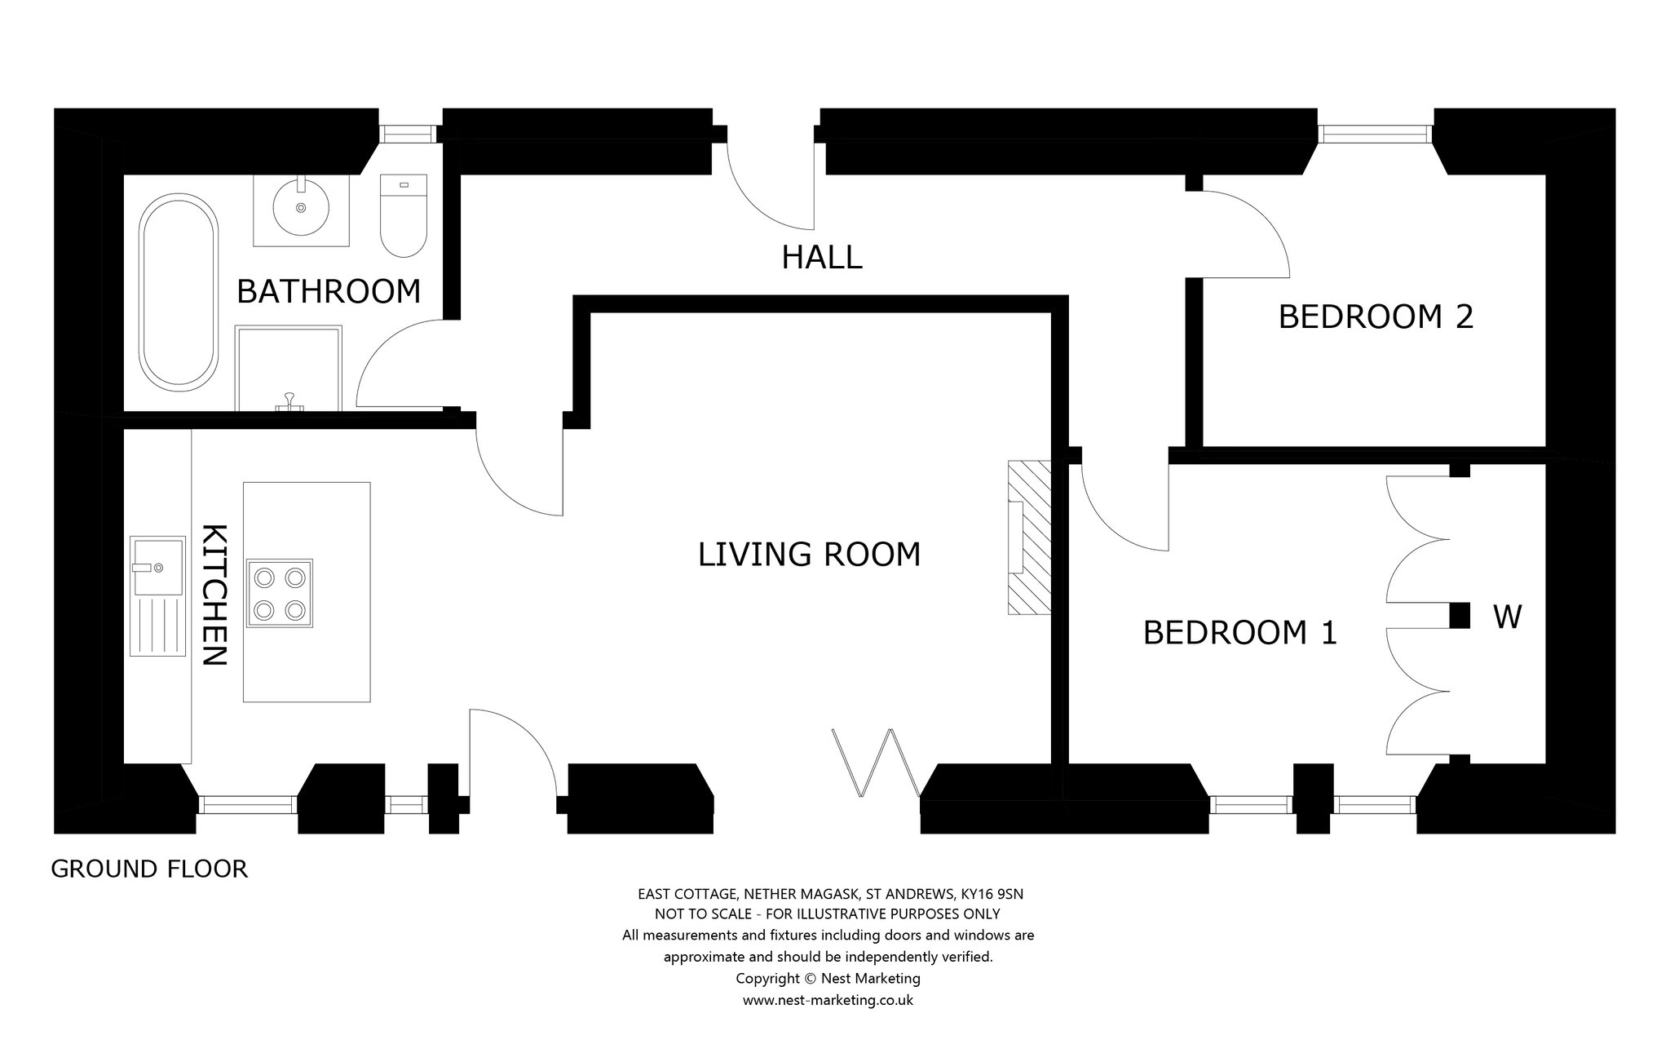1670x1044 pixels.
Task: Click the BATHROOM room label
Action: [329, 291]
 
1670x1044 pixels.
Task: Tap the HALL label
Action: [822, 258]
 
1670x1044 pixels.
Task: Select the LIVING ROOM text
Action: [810, 555]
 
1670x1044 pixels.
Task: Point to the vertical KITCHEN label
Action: [214, 595]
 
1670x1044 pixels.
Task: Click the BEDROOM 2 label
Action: [1376, 316]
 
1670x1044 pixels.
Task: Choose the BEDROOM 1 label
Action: [1240, 633]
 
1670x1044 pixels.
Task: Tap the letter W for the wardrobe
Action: [1507, 617]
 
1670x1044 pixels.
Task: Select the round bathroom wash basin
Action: [302, 209]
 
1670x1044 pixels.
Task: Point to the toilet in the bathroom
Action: [404, 215]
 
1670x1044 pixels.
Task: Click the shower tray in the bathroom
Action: [289, 369]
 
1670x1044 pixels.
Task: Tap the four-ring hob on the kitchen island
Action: [280, 593]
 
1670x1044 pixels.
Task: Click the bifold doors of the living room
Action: [877, 763]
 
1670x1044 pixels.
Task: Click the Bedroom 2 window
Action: [1375, 134]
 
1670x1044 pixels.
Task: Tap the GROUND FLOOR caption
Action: [149, 869]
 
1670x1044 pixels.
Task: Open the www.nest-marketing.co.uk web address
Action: [828, 1000]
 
